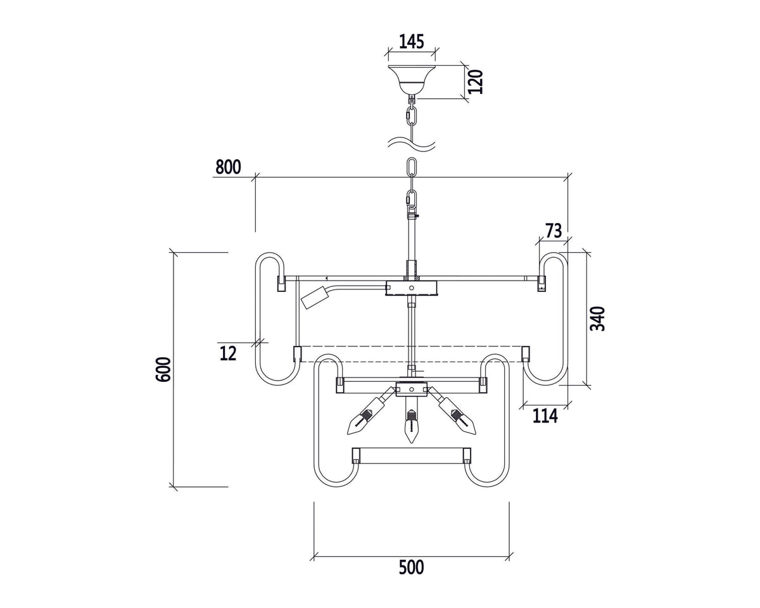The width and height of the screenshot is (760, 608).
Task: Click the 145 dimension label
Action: pyautogui.click(x=412, y=42)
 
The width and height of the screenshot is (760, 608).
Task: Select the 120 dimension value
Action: pyautogui.click(x=476, y=82)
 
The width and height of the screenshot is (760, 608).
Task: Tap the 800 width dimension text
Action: pyautogui.click(x=228, y=167)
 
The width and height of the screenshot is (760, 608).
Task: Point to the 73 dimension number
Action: pyautogui.click(x=554, y=231)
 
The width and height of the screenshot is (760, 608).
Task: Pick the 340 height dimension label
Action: pyautogui.click(x=597, y=319)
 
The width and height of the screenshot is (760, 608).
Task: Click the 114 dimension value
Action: pyautogui.click(x=545, y=416)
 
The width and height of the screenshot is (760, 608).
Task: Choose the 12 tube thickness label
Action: pyautogui.click(x=228, y=353)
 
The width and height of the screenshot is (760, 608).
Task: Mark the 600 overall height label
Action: pyautogui.click(x=163, y=369)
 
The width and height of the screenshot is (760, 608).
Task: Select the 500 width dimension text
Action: pyautogui.click(x=412, y=567)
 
